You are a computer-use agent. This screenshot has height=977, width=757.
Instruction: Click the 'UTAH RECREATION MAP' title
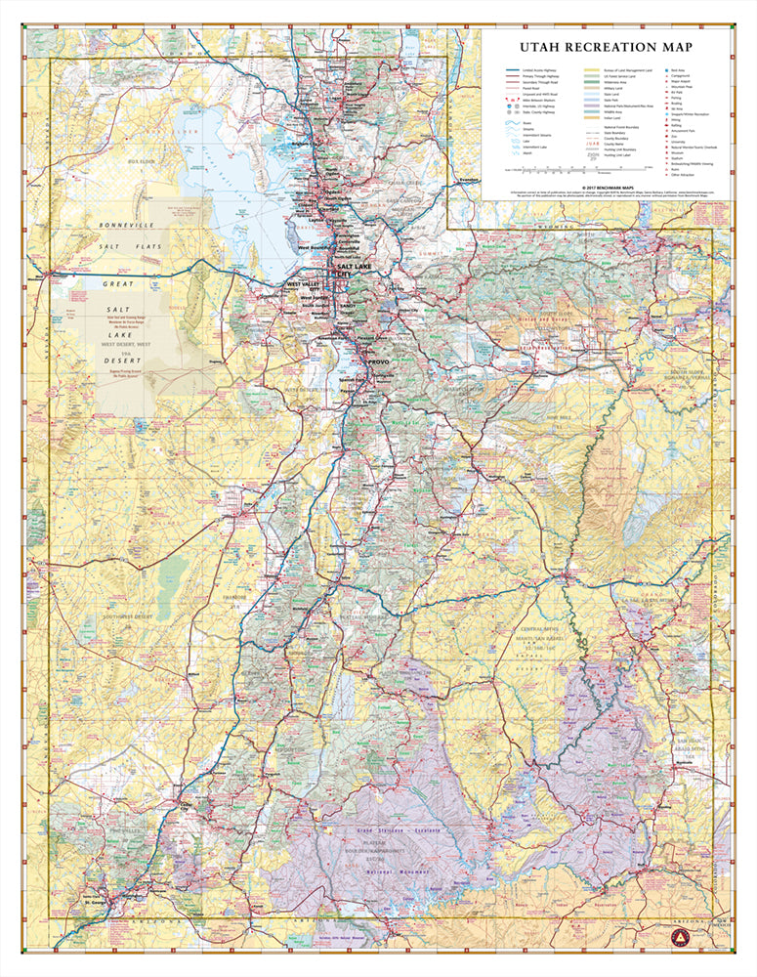(606, 47)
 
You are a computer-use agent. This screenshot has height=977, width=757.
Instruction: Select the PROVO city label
(377, 361)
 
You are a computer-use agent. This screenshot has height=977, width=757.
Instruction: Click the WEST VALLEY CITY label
(303, 287)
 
